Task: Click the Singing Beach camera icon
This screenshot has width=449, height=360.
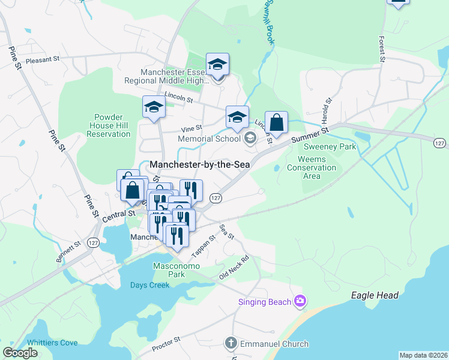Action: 300,301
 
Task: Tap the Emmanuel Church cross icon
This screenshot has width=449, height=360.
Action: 231,344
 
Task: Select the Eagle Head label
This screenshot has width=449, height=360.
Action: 375,296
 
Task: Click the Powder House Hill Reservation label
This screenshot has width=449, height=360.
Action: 109,125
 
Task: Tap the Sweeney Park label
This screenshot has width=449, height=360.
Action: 330,146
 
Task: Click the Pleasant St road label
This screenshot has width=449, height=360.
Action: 43,59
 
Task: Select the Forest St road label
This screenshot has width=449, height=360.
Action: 381,49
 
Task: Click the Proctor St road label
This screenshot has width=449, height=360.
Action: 166,344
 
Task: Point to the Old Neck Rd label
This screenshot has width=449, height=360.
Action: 234,268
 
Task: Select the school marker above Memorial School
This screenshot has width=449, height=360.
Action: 237,117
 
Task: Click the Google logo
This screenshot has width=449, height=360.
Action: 20,353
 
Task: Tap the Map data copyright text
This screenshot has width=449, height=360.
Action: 423,355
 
